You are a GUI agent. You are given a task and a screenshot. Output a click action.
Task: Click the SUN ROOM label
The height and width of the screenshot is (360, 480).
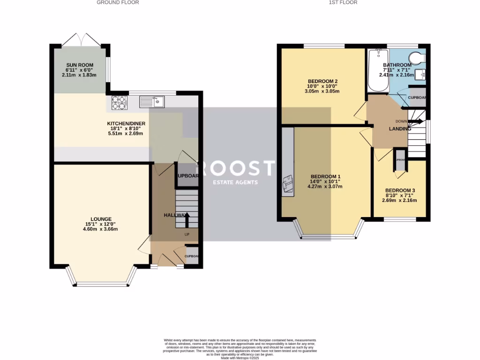point(79,65)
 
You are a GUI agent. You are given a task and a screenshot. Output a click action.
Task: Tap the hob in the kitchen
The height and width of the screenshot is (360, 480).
point(119,103)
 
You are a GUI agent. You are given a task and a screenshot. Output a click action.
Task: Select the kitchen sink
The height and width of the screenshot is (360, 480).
point(151,101)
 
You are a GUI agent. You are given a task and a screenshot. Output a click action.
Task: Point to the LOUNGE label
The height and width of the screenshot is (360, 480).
point(101,219)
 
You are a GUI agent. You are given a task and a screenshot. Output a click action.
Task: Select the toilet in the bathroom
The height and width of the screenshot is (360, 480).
point(417,57)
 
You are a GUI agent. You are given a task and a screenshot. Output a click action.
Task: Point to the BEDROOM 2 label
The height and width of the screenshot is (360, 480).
point(322,81)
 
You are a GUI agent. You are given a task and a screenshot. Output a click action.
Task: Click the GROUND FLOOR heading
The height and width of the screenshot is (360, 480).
point(118,2)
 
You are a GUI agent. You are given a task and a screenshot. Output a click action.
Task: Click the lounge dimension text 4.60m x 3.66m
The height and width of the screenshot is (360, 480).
point(101,229)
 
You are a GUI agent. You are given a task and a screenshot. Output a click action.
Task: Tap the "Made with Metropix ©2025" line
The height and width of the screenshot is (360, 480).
point(240,358)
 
